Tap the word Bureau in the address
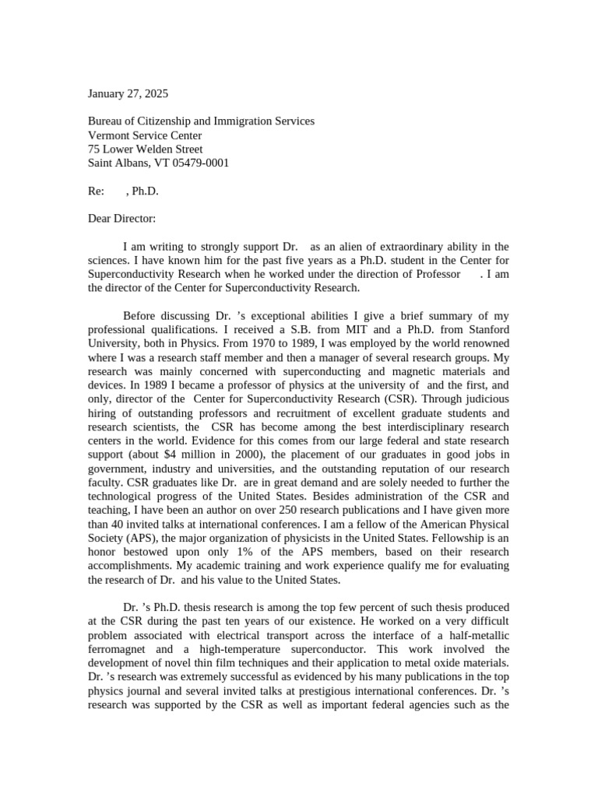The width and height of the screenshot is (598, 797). [106, 121]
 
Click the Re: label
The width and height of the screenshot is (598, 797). [96, 191]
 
